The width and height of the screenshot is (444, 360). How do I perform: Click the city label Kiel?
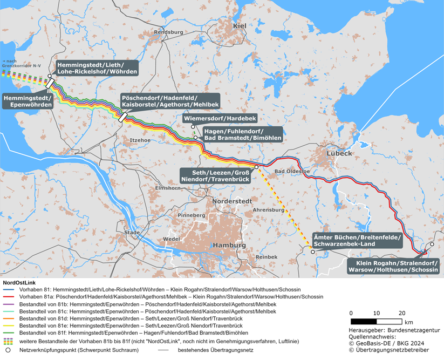pos(239,26)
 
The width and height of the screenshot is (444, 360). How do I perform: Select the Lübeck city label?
pos(339,153)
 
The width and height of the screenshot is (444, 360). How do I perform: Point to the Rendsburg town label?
pos(168,32)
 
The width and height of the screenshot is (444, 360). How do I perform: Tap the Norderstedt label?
pos(233,201)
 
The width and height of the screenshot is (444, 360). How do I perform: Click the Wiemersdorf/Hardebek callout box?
pos(220,118)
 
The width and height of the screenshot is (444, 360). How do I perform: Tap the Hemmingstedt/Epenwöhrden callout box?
pos(28,100)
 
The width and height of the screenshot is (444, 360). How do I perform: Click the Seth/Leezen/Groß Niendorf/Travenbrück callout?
pos(215,175)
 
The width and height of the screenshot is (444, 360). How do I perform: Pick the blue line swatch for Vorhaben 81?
pos(10,290)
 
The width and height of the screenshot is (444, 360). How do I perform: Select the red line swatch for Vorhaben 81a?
pos(10,297)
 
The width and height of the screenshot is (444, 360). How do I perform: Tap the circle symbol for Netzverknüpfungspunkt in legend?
pos(9,350)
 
